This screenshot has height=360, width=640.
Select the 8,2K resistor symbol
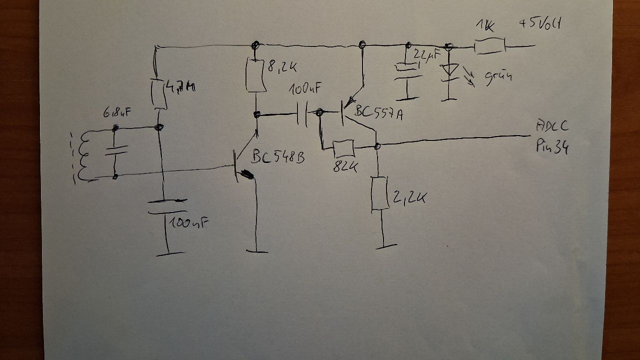256,75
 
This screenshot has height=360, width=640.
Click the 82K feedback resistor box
343,148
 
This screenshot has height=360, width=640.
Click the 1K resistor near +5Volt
490,47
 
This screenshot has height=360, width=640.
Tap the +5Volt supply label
539,24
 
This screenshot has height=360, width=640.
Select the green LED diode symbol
449,70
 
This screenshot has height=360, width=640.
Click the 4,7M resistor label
181,88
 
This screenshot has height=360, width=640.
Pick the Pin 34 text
552,146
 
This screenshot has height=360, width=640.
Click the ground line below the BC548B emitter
256,251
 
